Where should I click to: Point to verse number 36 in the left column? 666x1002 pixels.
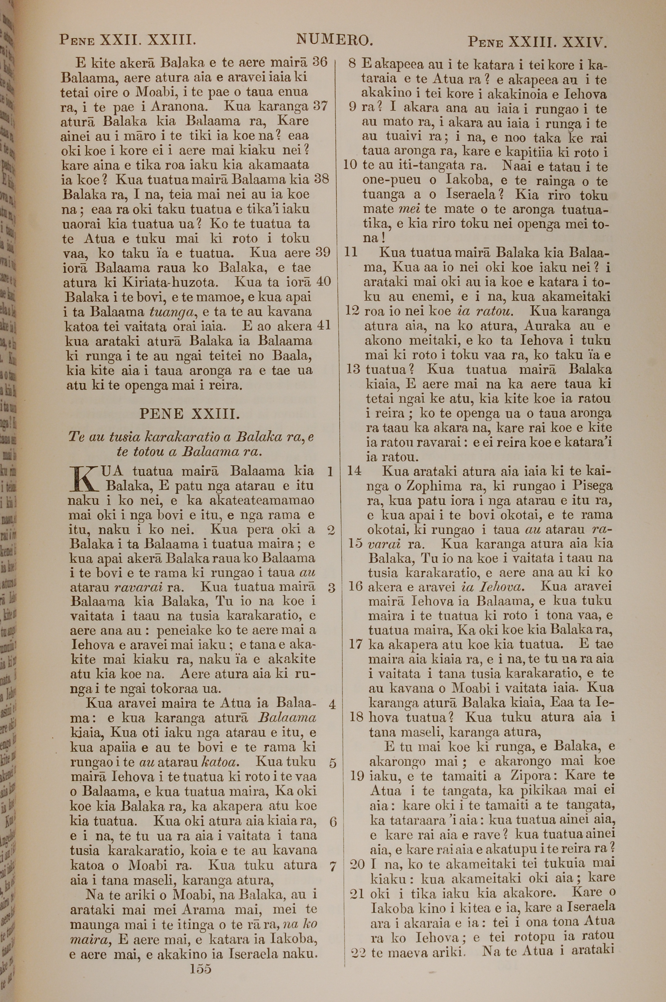[x=319, y=62]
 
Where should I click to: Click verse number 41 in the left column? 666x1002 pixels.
[x=324, y=326]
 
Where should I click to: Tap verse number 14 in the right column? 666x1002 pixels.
[x=354, y=471]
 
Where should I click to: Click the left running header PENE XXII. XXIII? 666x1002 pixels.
[x=128, y=40]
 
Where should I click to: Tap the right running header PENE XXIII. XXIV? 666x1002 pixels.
[x=537, y=42]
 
